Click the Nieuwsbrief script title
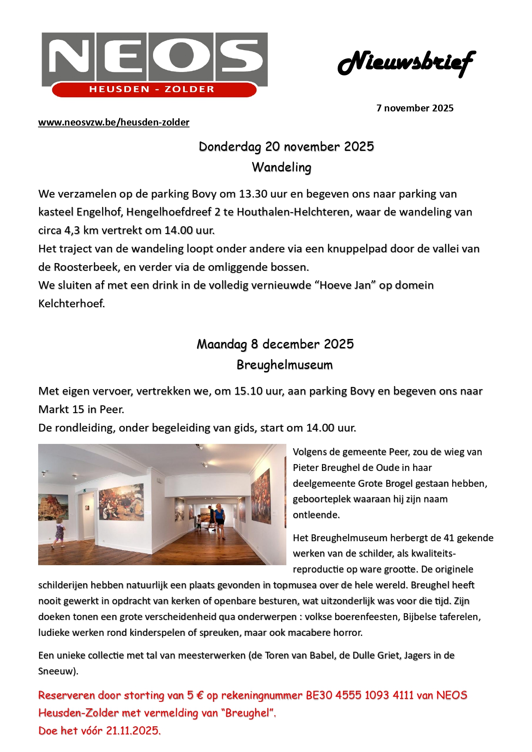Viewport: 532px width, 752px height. pyautogui.click(x=406, y=63)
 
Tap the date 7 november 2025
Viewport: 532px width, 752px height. pyautogui.click(x=415, y=108)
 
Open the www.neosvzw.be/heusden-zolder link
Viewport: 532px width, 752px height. pyautogui.click(x=114, y=123)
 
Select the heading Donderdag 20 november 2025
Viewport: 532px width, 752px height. pyautogui.click(x=286, y=147)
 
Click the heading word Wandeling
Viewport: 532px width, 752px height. pyautogui.click(x=281, y=167)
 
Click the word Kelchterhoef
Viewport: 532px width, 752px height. pyautogui.click(x=71, y=304)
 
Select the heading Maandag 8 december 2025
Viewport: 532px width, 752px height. pyautogui.click(x=275, y=344)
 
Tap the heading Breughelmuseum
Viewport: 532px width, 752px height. pyautogui.click(x=285, y=365)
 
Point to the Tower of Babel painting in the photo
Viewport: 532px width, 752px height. pyautogui.click(x=53, y=507)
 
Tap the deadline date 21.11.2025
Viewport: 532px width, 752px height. pyautogui.click(x=133, y=731)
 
